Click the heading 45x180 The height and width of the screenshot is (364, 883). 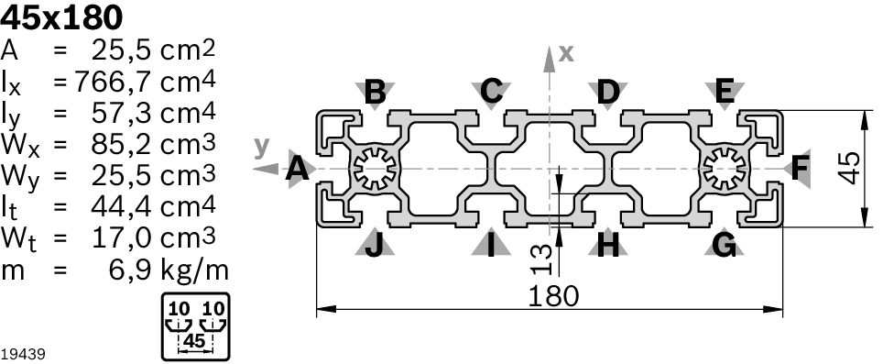point(61,17)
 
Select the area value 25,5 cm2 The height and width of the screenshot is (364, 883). point(153,50)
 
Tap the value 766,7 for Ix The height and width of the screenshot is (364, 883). point(112,83)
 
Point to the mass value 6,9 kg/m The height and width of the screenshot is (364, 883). point(168,271)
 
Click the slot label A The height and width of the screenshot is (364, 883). point(298,169)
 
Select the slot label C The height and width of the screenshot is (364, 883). point(492,91)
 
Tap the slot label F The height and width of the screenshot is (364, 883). point(800,168)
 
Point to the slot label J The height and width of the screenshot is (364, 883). point(374,245)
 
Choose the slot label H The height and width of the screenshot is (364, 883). point(607,245)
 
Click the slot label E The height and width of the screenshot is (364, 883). point(725,91)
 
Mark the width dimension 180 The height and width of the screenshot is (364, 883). point(553,296)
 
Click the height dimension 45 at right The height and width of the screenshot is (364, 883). point(849,168)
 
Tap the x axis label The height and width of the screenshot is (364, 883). point(566,53)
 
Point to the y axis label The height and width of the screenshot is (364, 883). point(262,146)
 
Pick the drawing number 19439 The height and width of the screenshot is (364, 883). point(23,355)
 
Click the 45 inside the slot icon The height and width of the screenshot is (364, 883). point(194,341)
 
